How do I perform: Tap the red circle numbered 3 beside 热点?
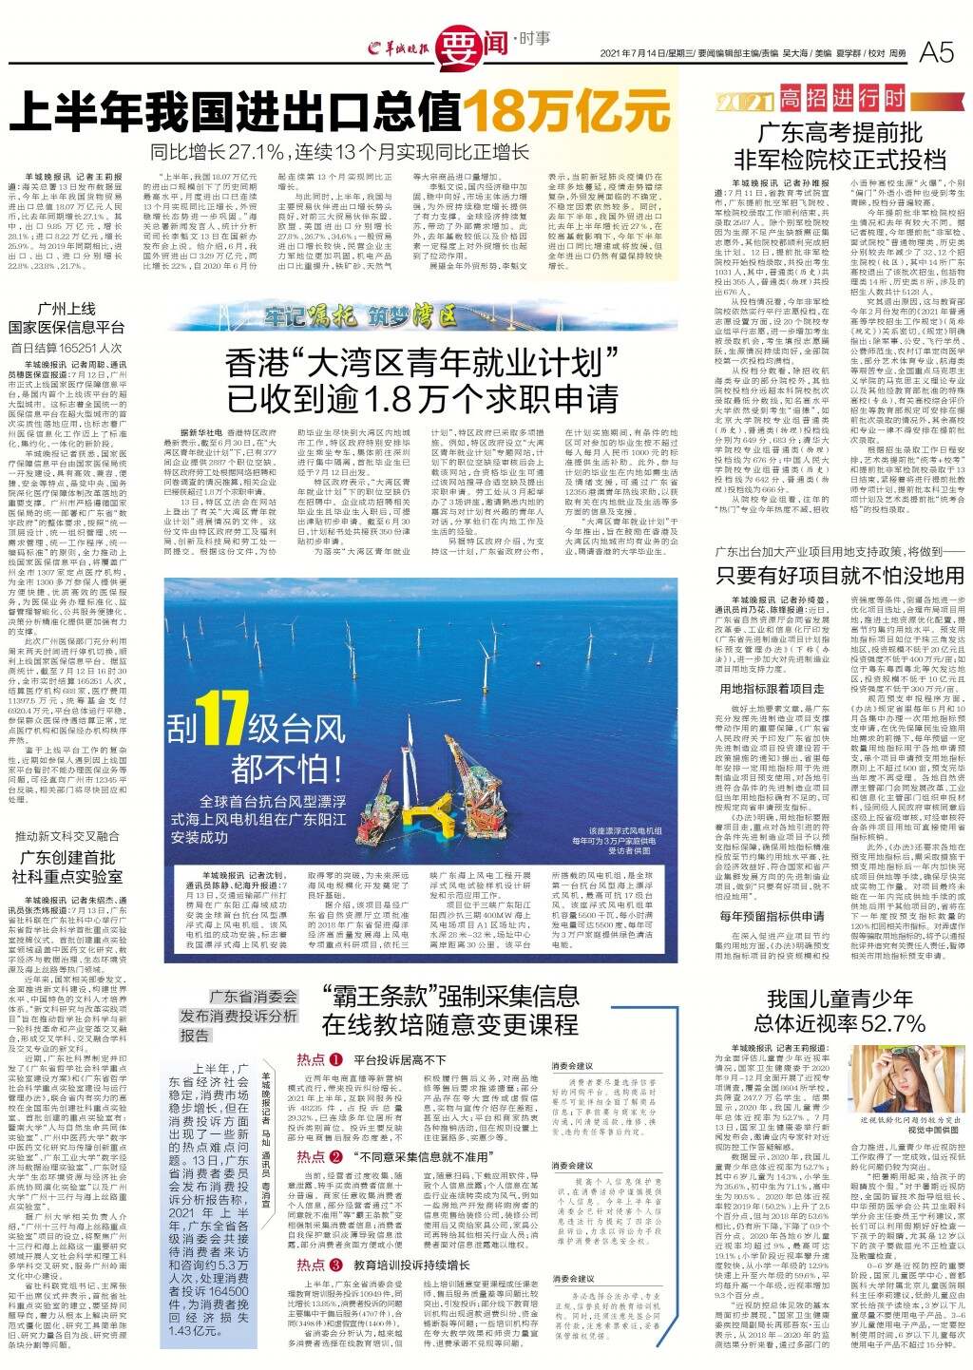337,1265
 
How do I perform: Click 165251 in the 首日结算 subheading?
80,349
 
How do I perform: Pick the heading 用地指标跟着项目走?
772,688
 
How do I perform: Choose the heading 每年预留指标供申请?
772,916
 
